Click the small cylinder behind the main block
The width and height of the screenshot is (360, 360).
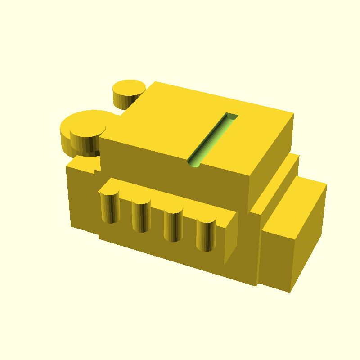click(x=128, y=93)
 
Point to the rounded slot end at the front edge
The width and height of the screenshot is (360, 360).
click(x=194, y=162)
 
